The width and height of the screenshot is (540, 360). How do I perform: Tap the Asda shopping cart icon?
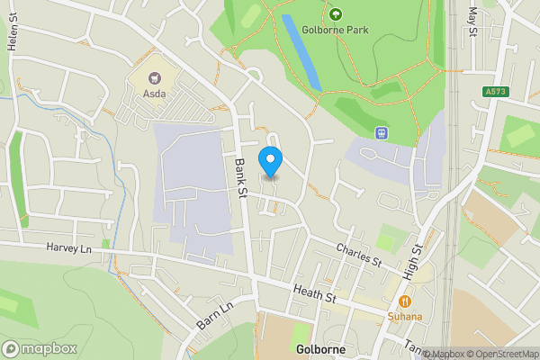tap(153, 79)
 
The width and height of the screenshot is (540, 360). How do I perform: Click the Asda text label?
tap(153, 95)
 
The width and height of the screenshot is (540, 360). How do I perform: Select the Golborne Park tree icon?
tap(335, 13)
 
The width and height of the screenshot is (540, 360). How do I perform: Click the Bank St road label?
tap(240, 175)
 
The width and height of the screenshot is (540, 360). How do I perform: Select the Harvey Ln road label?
tap(69, 248)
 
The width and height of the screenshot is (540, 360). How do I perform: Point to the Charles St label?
tap(360, 255)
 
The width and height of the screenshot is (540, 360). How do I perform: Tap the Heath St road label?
tap(313, 293)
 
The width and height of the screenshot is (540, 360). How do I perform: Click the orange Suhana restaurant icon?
tap(405, 302)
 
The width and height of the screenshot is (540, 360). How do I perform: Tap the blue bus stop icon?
tap(382, 133)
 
